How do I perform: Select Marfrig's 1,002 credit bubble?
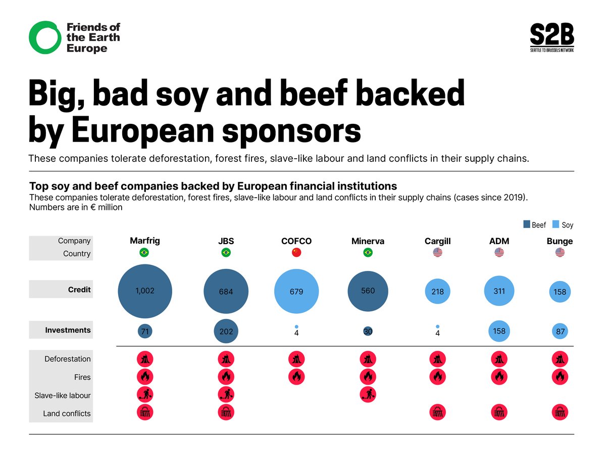click(145, 291)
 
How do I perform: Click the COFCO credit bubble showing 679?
click(296, 292)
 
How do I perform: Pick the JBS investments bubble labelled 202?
click(226, 332)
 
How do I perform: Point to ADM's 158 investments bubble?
click(499, 331)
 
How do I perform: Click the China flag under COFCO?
click(296, 253)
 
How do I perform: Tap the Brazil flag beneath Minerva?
click(368, 253)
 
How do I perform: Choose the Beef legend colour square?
click(527, 225)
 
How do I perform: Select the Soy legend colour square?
click(557, 225)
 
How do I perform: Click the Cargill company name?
click(437, 242)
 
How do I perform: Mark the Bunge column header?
click(560, 241)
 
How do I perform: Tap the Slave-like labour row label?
click(63, 395)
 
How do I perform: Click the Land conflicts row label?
click(67, 413)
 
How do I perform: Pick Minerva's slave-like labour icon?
click(368, 395)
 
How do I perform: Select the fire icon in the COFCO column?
click(296, 377)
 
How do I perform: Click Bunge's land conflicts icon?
click(560, 413)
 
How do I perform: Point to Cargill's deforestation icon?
click(437, 359)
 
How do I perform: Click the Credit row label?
click(79, 290)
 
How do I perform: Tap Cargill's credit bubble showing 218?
click(437, 292)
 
